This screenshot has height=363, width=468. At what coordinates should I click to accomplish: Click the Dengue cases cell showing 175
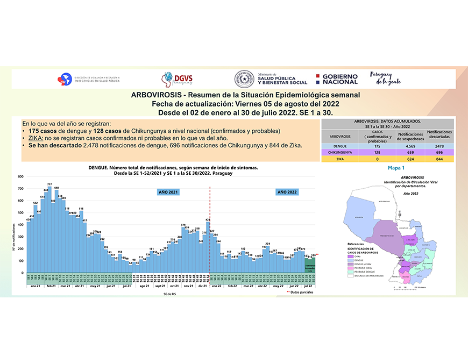pyautogui.click(x=378, y=146)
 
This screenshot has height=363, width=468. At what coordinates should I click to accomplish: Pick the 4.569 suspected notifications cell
pyautogui.click(x=410, y=146)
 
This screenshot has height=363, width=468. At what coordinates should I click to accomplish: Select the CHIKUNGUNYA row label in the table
pyautogui.click(x=339, y=152)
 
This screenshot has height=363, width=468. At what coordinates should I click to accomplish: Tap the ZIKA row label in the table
pyautogui.click(x=339, y=159)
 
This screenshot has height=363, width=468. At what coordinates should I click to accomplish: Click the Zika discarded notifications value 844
pyautogui.click(x=439, y=159)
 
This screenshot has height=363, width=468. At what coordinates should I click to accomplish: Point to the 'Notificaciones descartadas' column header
pyautogui.click(x=439, y=134)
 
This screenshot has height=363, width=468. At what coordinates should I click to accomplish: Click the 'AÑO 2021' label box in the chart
pyautogui.click(x=168, y=192)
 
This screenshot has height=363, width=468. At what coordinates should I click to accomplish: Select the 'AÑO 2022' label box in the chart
pyautogui.click(x=287, y=192)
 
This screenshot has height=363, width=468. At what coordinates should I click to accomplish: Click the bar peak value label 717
pyautogui.click(x=49, y=184)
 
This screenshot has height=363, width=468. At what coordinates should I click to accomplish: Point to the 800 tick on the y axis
pyautogui.click(x=20, y=176)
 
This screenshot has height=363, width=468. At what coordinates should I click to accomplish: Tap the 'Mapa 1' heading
pyautogui.click(x=396, y=168)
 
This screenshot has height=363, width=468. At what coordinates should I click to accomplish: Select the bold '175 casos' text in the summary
pyautogui.click(x=44, y=131)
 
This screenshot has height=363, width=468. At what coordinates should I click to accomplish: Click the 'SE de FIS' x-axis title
pyautogui.click(x=170, y=294)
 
